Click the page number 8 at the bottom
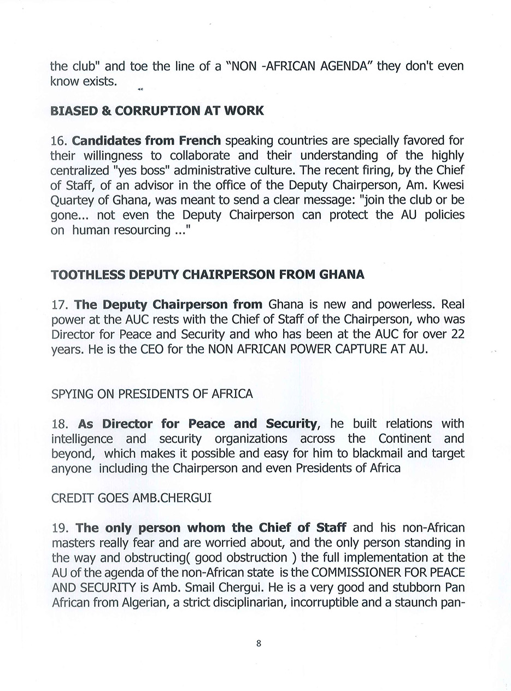coord(259,643)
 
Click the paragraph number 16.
coord(58,140)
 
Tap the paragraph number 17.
coord(59,304)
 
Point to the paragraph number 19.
coord(60,528)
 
